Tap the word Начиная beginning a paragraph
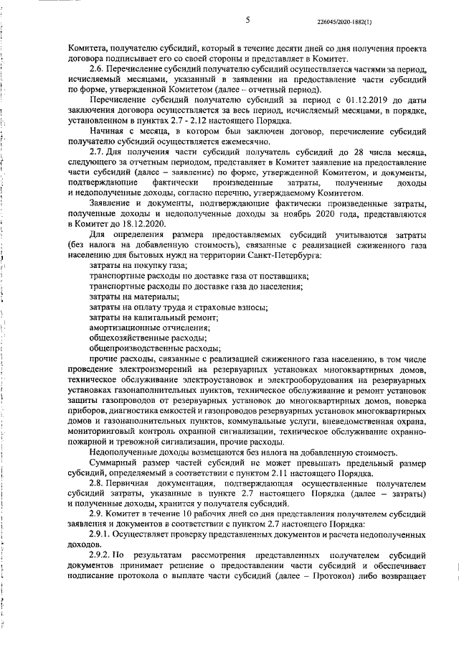tap(107, 132)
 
